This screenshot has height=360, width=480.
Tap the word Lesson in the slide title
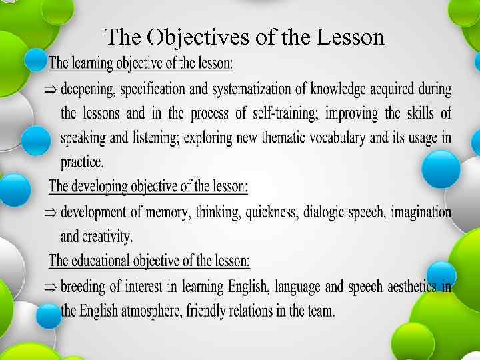(x=351, y=37)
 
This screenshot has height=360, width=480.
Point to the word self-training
(x=289, y=113)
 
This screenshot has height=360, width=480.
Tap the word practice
(x=82, y=162)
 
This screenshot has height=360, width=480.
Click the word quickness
(x=271, y=212)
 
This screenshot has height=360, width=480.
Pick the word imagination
(x=421, y=212)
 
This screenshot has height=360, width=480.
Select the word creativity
(x=109, y=236)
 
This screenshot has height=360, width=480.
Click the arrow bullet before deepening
(x=51, y=89)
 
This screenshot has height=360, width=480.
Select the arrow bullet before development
(x=51, y=213)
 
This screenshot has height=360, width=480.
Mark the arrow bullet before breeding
(x=51, y=287)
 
